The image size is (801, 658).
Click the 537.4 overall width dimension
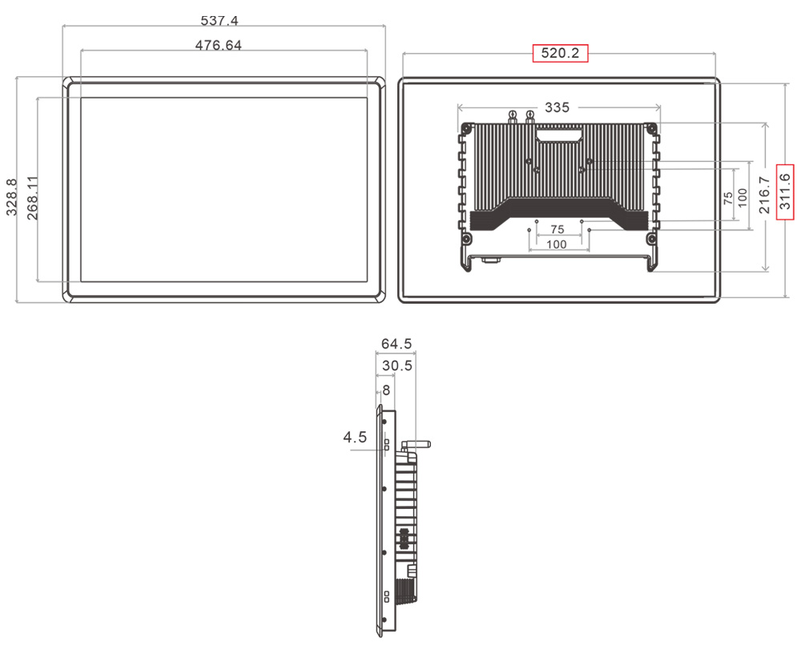219,21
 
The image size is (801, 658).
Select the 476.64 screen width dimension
218,45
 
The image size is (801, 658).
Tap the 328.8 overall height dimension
11,197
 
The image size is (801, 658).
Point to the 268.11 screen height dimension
32,197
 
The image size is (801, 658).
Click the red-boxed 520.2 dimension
561,53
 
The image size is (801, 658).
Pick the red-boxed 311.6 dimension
785,192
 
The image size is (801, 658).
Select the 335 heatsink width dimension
557,107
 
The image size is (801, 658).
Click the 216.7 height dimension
765,195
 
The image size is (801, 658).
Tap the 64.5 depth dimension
396,344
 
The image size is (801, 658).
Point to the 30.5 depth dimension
397,365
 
